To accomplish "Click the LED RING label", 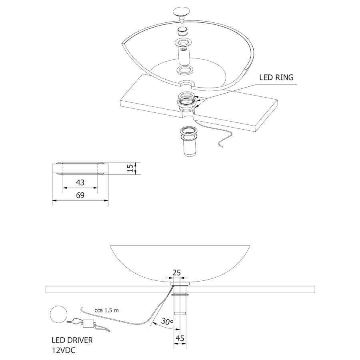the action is (x=276, y=77).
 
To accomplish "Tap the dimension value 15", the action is (x=130, y=168).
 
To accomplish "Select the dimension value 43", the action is (x=80, y=182).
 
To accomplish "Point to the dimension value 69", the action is (x=80, y=195).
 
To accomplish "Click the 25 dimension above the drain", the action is (x=176, y=273).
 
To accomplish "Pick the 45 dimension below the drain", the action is (x=180, y=338).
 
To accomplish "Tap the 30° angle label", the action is (x=167, y=321).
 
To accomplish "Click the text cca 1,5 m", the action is (x=107, y=310).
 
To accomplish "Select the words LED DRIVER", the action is (x=72, y=340).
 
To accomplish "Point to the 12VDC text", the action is (x=64, y=350).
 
